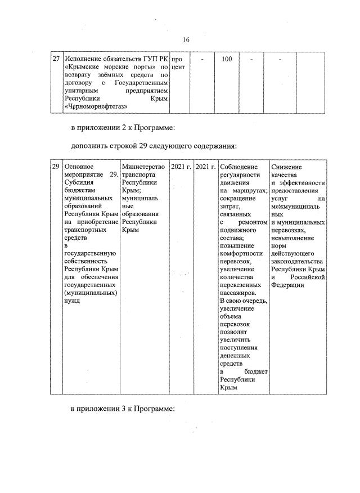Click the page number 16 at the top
[x=186, y=39]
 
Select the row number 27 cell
[x=56, y=59]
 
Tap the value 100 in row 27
[x=227, y=59]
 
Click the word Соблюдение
[x=239, y=167]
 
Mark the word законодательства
[x=297, y=262]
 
